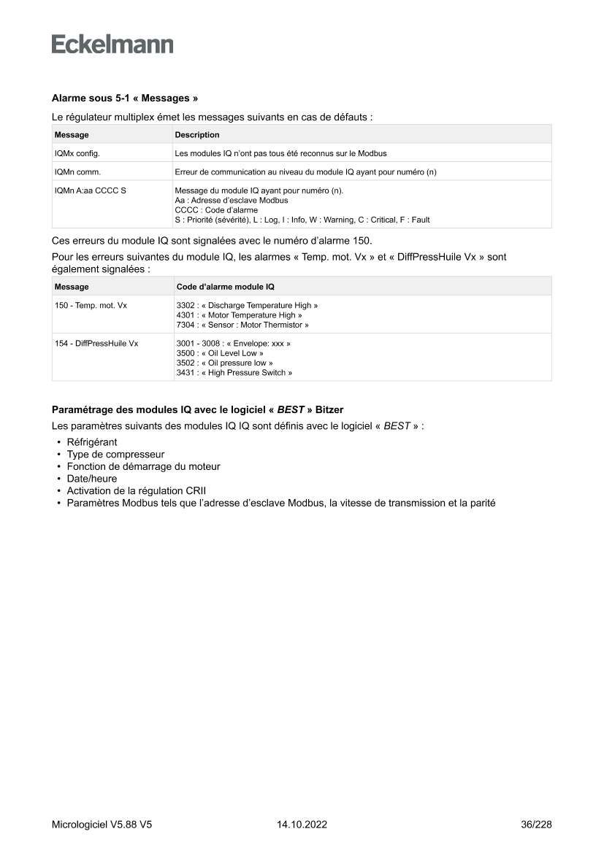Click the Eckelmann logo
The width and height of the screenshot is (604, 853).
point(112,45)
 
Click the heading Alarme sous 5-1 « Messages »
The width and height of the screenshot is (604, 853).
point(125,98)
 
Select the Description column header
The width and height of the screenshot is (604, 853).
point(197,135)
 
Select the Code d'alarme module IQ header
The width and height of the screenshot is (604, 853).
point(226,287)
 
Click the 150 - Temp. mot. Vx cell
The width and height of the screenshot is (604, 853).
point(91,306)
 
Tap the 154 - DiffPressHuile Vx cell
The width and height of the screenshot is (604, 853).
point(96,344)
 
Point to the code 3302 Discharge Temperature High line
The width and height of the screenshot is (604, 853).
point(247,306)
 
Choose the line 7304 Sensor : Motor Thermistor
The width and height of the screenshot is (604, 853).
point(242,324)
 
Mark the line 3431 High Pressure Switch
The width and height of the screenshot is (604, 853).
point(234,372)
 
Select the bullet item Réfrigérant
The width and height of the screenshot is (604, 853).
point(92,442)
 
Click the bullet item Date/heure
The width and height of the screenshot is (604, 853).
point(92,479)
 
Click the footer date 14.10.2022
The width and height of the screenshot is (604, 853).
point(302,825)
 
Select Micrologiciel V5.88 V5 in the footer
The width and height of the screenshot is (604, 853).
point(102,825)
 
